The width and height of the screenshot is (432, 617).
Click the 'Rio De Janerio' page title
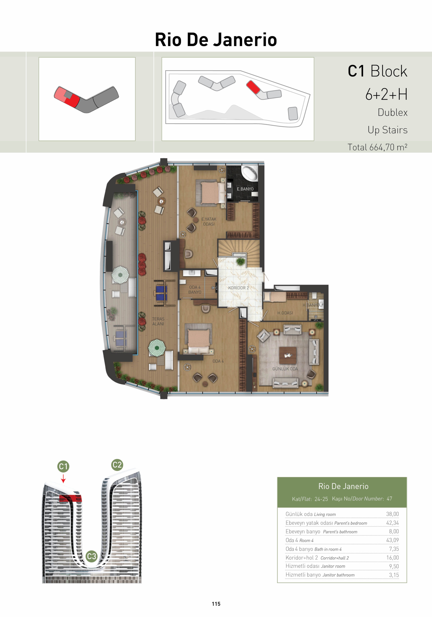[x=216, y=40]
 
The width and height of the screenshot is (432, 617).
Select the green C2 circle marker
[x=117, y=465]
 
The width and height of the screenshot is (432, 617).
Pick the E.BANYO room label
[x=245, y=189]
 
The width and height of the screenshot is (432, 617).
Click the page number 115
[x=216, y=604]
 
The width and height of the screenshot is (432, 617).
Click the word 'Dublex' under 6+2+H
[x=392, y=112]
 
